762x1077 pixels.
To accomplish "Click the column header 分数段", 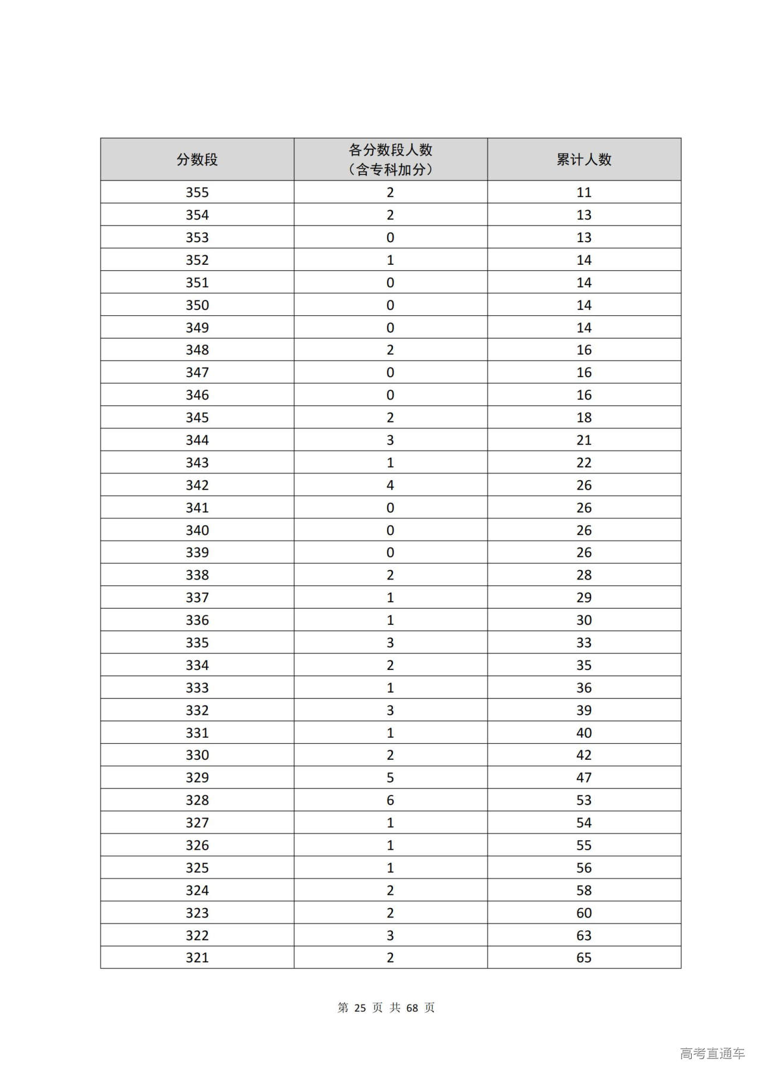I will pos(197,159).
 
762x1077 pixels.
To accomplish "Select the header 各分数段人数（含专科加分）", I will pos(391,159).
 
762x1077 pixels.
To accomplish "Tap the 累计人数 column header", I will pos(584,159).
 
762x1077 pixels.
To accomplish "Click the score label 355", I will pos(197,192).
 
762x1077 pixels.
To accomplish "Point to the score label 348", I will pos(197,350).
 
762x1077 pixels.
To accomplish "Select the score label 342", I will pos(197,485).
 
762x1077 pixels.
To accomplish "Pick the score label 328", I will pos(197,800).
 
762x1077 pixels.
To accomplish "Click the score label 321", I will pos(197,957).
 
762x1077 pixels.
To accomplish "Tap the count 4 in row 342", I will pos(391,485).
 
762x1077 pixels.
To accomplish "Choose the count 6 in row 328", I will pos(391,800).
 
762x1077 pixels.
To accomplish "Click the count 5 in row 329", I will pos(391,778).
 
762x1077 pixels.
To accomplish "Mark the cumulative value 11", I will pos(584,192).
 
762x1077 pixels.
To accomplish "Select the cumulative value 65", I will pos(584,957).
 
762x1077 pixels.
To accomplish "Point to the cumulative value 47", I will pos(584,778).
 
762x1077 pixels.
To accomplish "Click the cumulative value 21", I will pos(584,440).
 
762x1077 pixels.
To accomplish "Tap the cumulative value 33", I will pos(584,643).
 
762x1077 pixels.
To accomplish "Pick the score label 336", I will pos(197,620).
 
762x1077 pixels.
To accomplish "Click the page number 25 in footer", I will pos(360,1007).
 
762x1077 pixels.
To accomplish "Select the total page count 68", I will pos(412,1007).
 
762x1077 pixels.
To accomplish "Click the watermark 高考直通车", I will pos(712,1053).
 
